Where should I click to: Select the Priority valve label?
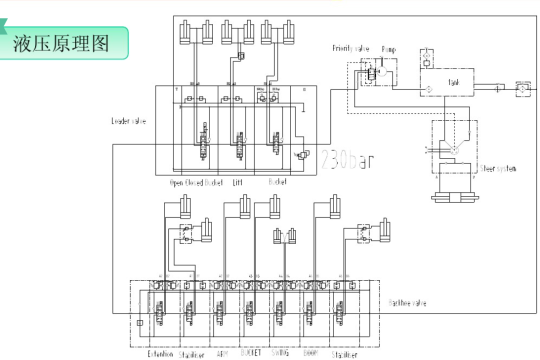point(351,48)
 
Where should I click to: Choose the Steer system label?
point(498,168)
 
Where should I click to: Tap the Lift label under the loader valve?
point(239,184)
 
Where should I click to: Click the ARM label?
point(222,353)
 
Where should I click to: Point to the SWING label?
point(280,353)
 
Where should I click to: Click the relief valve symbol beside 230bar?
point(303,156)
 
